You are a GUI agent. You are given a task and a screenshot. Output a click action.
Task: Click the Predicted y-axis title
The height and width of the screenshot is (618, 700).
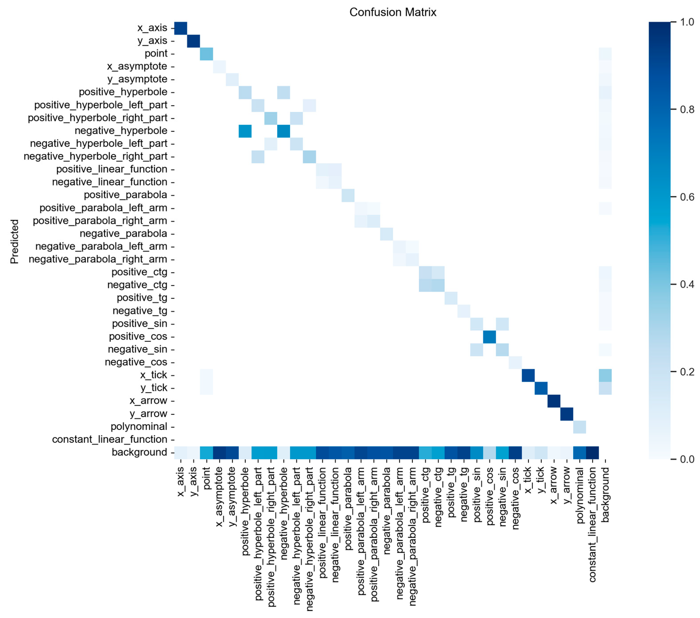[x=14, y=242]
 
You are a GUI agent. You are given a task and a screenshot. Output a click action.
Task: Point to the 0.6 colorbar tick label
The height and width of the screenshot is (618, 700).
[x=687, y=197]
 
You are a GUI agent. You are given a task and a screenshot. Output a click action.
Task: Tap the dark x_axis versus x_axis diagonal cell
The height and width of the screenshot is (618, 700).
[x=180, y=28]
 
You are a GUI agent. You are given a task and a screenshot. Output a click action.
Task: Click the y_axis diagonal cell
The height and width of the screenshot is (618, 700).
[x=194, y=41]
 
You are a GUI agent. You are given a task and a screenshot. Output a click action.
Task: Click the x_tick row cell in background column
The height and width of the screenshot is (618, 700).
[x=605, y=375]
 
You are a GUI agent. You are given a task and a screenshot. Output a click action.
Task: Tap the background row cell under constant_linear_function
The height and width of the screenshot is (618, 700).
[x=592, y=452]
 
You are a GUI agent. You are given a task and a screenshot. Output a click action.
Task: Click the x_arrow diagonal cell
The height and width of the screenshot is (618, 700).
[x=554, y=401]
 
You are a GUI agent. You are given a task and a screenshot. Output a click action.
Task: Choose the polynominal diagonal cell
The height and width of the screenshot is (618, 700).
[x=580, y=427]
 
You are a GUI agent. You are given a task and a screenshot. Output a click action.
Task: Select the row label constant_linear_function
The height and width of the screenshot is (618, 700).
[x=110, y=439]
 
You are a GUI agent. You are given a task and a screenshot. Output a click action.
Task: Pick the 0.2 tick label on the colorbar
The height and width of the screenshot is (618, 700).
[x=687, y=372]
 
